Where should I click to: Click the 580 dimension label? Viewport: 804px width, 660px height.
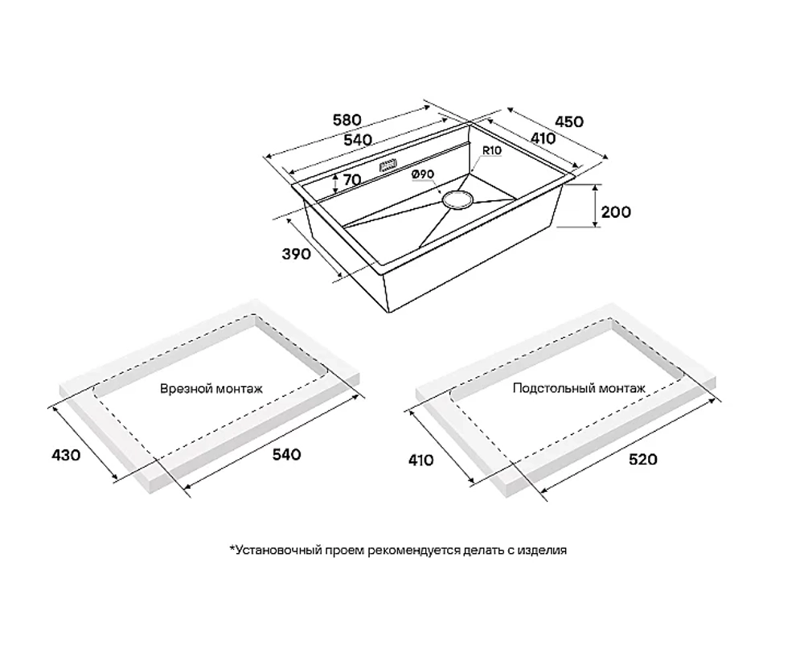click(347, 120)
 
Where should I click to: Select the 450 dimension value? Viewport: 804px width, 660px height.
click(568, 121)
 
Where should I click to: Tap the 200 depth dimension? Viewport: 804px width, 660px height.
click(616, 211)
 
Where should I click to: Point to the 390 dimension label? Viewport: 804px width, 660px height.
click(297, 253)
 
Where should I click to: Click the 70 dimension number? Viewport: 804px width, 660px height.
click(352, 179)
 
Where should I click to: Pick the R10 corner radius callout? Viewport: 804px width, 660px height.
click(491, 151)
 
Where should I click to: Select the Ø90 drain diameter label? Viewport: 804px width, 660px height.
click(423, 174)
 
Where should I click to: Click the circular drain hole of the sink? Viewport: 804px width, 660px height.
click(457, 199)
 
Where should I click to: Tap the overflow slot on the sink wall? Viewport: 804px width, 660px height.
click(388, 166)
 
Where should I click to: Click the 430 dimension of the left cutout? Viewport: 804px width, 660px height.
click(66, 454)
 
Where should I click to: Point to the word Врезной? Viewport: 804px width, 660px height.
click(186, 389)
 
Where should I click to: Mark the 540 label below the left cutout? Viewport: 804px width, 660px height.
click(286, 454)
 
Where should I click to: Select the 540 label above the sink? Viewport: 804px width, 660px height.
click(357, 140)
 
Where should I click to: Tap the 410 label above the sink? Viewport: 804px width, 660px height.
click(543, 138)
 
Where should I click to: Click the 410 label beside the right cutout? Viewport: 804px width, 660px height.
click(421, 460)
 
